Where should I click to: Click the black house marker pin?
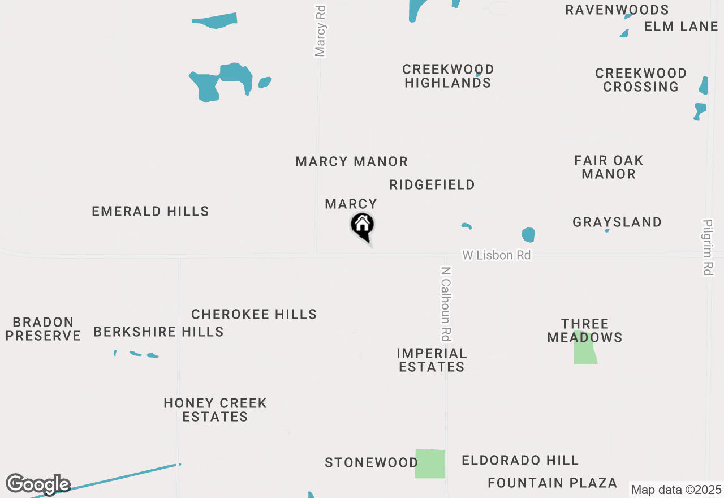[x=363, y=226]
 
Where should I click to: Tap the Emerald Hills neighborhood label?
[x=150, y=212]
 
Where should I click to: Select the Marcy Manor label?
[x=351, y=162]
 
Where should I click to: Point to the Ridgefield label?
[x=432, y=185]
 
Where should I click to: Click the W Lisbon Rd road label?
[x=496, y=255]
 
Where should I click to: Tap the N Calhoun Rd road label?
[x=446, y=304]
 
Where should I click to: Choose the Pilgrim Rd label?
[x=708, y=247]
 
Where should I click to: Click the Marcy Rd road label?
[x=320, y=31]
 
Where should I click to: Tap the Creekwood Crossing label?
[x=641, y=80]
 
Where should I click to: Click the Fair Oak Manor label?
[x=609, y=167]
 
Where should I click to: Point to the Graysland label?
[x=617, y=222]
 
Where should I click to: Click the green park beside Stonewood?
[x=430, y=463]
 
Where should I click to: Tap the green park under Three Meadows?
[x=585, y=351]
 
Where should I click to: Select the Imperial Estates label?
[x=432, y=360]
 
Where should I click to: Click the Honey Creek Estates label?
[x=215, y=410]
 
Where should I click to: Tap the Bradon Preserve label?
[x=44, y=329]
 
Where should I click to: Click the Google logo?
[x=38, y=484]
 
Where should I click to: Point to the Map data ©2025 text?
[x=676, y=490]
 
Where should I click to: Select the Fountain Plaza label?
[x=552, y=483]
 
